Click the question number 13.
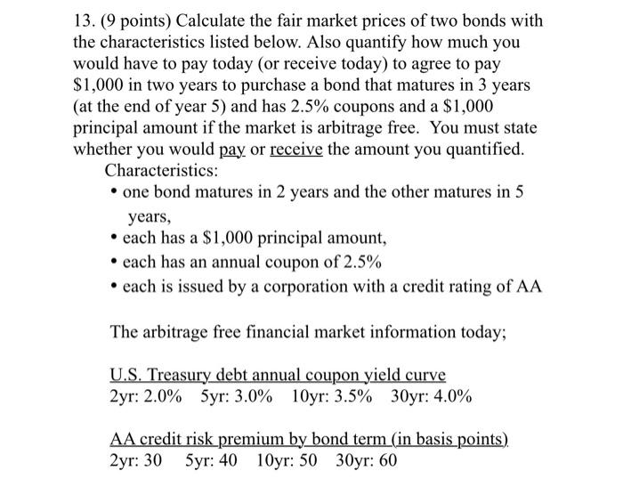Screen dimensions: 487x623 coord(83,20)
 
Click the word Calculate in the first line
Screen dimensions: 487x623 coord(222,20)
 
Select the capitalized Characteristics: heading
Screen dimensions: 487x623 coord(162,169)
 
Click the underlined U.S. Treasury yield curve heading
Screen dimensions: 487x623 coord(278,374)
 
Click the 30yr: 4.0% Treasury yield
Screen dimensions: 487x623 coord(432,396)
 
